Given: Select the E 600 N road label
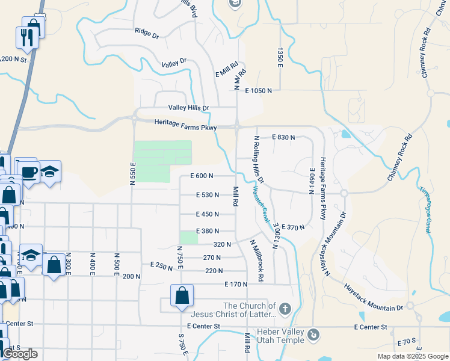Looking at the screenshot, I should tap(202, 176).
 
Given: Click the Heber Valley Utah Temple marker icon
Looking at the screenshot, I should tap(313, 335).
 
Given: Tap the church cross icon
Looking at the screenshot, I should tap(285, 310).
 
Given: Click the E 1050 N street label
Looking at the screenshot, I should tap(259, 90).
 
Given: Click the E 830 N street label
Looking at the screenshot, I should tap(283, 137).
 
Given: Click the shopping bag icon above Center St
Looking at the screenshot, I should tap(181, 296).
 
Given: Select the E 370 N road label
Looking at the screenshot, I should tap(293, 227).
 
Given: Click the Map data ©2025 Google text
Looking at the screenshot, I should tap(412, 356).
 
